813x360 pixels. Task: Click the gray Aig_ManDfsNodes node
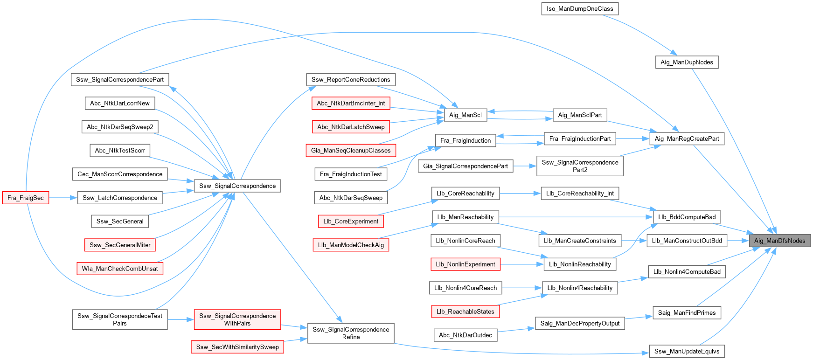tap(779, 241)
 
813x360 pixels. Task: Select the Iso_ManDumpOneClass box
tap(580, 8)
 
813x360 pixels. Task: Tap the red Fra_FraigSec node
tap(26, 198)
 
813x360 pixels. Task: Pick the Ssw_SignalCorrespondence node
tap(237, 186)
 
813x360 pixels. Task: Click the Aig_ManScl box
tap(465, 115)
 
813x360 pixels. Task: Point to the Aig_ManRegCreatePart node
tap(687, 138)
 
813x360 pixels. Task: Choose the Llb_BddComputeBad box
tap(687, 217)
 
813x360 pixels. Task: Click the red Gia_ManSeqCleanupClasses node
tap(351, 150)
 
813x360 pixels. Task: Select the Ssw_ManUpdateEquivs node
tap(687, 351)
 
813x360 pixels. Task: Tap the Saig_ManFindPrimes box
tap(687, 312)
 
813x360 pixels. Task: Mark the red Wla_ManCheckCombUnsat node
tap(120, 268)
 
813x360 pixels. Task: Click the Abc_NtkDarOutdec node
tap(466, 335)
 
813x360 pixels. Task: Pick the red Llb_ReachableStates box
tap(465, 312)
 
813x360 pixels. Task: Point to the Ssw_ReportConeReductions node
tap(351, 79)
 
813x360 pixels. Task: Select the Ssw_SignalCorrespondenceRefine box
tap(351, 333)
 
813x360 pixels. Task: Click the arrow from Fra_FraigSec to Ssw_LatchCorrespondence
tap(63, 198)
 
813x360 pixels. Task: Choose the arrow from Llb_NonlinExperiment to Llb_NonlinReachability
tap(522, 264)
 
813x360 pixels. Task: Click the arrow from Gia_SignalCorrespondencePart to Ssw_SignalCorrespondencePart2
tap(525, 166)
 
